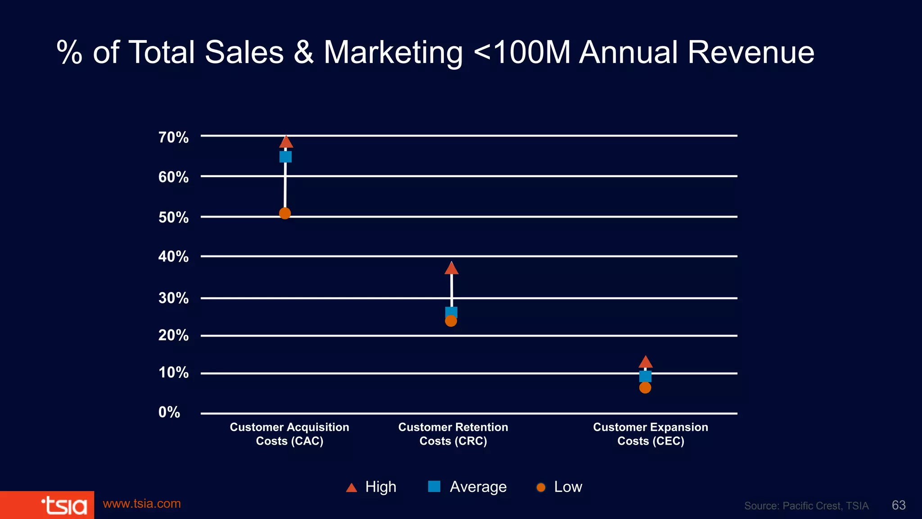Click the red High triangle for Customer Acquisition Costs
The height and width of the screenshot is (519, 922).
286,143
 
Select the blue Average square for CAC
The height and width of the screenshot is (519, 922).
285,157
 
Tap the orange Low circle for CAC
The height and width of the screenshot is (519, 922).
285,213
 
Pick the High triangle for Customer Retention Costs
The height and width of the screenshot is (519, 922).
452,269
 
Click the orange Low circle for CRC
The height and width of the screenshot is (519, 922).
451,321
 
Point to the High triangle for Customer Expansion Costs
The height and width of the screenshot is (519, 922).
646,362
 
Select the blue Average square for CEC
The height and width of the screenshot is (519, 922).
645,376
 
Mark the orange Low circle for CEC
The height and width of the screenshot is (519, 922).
645,387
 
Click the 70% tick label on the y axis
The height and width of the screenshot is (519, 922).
173,137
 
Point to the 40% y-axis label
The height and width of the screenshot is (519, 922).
173,257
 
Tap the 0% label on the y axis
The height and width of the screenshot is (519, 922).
169,412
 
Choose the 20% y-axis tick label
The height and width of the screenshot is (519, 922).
173,335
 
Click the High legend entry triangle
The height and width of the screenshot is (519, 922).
352,487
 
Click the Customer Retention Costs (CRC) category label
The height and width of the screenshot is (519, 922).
453,434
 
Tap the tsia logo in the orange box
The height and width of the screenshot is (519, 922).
64,505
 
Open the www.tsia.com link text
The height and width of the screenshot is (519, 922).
142,504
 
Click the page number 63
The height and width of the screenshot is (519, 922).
899,505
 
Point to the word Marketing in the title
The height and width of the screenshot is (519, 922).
393,53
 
